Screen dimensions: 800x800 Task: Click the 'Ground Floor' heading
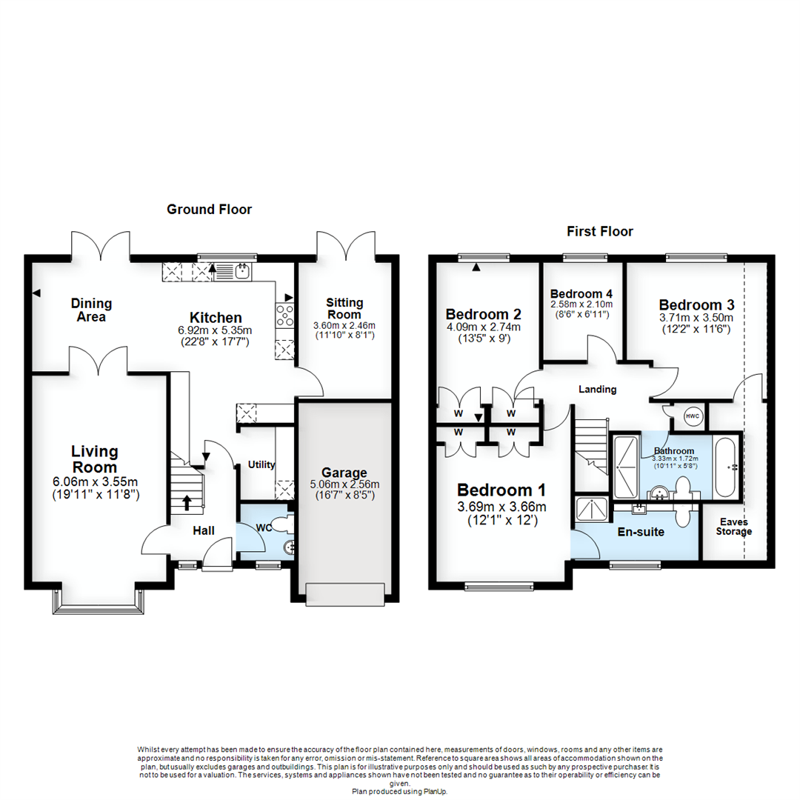(209, 210)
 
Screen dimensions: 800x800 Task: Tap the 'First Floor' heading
(600, 232)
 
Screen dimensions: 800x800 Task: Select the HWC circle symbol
(693, 417)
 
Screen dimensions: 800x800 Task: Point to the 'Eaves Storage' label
(733, 527)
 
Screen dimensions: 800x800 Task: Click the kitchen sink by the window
(241, 272)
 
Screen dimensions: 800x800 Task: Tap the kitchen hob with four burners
(284, 316)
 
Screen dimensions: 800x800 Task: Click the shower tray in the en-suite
(593, 510)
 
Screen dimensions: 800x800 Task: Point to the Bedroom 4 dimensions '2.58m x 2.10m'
(581, 304)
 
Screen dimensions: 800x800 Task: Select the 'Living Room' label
(95, 459)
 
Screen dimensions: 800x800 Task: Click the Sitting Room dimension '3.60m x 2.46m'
(344, 325)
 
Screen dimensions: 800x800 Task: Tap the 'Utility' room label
(261, 465)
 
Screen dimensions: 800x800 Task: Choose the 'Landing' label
(597, 389)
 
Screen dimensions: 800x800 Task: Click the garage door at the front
(346, 593)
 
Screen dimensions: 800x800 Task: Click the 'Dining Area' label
(91, 310)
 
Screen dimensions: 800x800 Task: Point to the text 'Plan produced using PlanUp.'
(399, 791)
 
